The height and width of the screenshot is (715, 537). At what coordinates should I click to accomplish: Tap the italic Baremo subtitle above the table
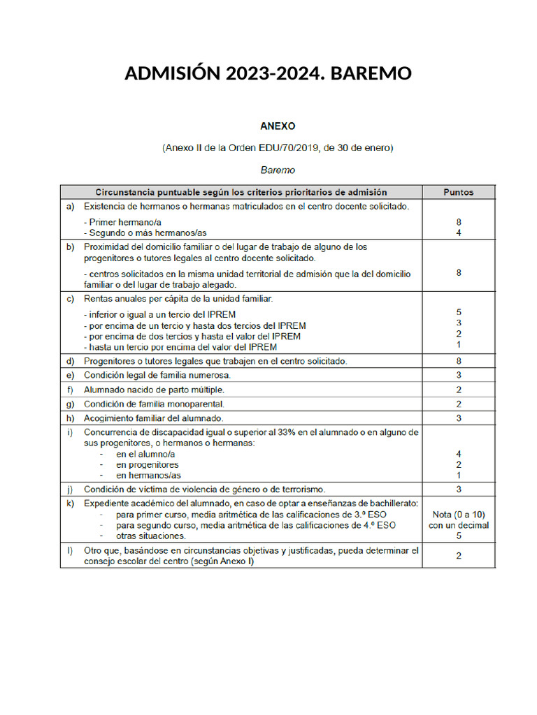[x=278, y=170]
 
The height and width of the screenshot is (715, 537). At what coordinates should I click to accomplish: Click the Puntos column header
[x=458, y=192]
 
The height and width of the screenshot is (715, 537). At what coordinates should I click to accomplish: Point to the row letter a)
[x=70, y=206]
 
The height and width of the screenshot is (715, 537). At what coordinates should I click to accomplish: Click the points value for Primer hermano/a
[x=458, y=223]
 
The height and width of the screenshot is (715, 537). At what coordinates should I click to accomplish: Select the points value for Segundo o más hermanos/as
[x=458, y=233]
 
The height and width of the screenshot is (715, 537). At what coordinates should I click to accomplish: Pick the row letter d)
[x=70, y=361]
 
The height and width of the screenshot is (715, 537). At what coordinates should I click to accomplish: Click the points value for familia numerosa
[x=458, y=375]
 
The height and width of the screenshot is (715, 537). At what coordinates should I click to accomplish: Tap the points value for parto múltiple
[x=458, y=389]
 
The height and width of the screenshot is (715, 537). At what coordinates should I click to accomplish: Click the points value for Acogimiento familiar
[x=458, y=418]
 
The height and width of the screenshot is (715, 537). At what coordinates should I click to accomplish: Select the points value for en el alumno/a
[x=458, y=454]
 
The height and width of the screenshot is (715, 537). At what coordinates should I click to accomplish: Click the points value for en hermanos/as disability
[x=458, y=475]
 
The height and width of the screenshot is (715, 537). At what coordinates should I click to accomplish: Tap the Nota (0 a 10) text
[x=458, y=515]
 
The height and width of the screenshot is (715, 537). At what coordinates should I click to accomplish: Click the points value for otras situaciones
[x=458, y=536]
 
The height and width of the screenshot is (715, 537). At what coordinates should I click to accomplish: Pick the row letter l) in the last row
[x=70, y=550]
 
